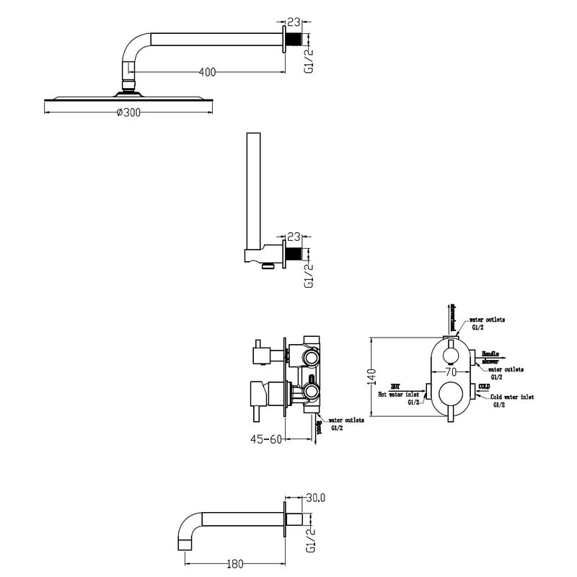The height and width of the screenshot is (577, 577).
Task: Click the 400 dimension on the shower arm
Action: pyautogui.click(x=206, y=71)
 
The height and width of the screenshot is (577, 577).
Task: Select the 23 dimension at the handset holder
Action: pyautogui.click(x=294, y=236)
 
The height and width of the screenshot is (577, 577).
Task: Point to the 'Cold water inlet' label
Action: pyautogui.click(x=511, y=397)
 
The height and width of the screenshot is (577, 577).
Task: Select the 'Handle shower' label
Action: pyautogui.click(x=491, y=356)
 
